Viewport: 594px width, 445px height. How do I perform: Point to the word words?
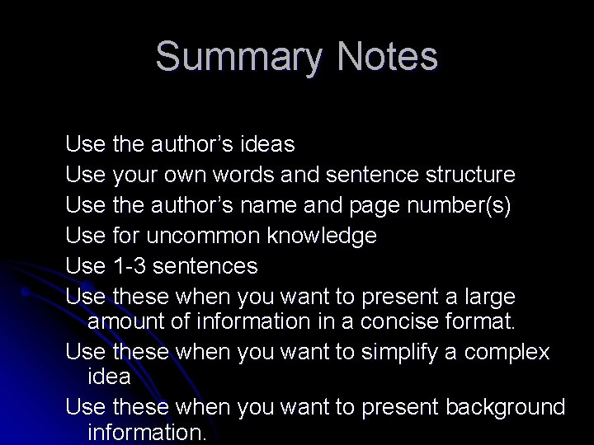point(238,175)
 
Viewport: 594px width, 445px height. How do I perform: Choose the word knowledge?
point(323,236)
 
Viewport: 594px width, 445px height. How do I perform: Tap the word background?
point(506,408)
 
